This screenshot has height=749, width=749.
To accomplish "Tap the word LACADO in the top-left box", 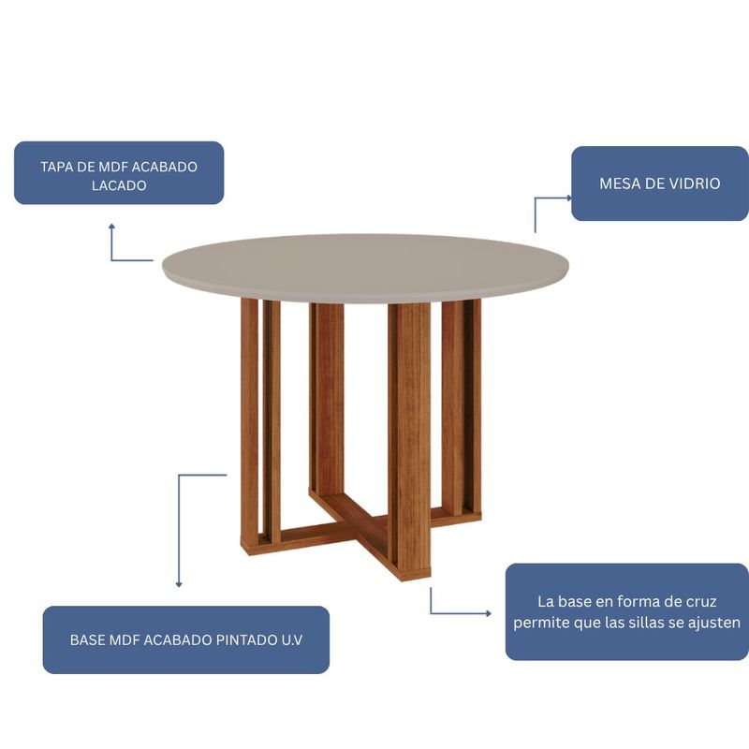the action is (x=119, y=185).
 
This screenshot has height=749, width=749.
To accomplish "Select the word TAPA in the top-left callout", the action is (x=56, y=167).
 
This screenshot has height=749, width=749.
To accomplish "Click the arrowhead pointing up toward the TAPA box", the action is (x=111, y=227).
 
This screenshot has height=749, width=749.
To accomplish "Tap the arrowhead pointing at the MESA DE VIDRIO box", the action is (x=568, y=198).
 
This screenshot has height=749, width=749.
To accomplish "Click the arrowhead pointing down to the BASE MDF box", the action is (x=179, y=583).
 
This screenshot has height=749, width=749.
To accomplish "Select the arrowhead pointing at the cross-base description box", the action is (x=488, y=613).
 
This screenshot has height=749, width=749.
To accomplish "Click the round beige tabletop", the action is (x=366, y=268).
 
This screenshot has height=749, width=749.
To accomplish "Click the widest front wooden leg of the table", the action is (x=409, y=440).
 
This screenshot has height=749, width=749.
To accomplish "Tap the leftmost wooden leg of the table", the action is (x=250, y=425).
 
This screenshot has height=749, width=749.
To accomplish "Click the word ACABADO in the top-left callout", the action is (x=164, y=167).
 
